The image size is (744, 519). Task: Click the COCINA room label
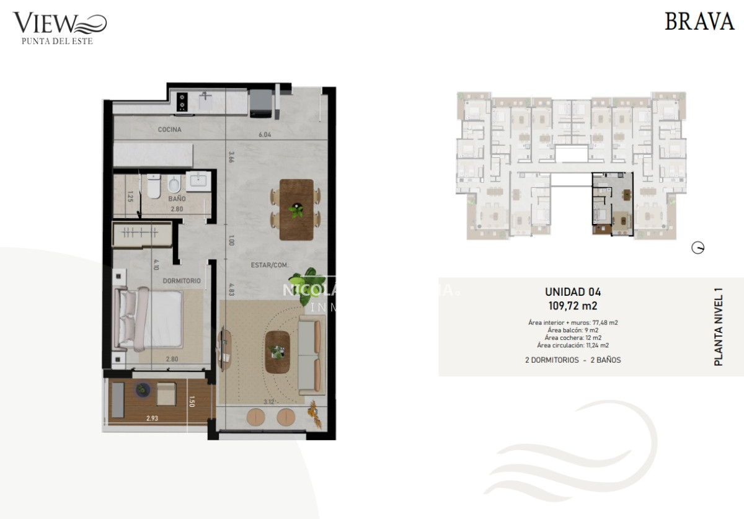tap(169, 130)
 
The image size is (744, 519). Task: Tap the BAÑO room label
tap(177, 198)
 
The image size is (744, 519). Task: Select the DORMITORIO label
tap(182, 281)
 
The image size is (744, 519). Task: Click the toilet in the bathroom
tap(174, 184)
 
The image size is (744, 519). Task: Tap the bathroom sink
tap(198, 181)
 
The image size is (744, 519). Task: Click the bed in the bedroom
tap(151, 319)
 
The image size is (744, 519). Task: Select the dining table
tap(296, 210)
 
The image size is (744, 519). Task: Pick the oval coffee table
tap(278, 352)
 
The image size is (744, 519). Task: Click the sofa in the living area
tap(311, 354)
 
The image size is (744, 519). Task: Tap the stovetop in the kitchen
tap(182, 102)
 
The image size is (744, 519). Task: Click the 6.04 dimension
tap(265, 135)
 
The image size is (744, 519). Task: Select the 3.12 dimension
tap(269, 402)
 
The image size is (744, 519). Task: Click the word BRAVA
tap(699, 22)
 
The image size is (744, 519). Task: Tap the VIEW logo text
tap(45, 24)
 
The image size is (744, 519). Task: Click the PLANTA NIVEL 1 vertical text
tap(719, 326)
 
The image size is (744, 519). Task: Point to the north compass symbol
tap(698, 249)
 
